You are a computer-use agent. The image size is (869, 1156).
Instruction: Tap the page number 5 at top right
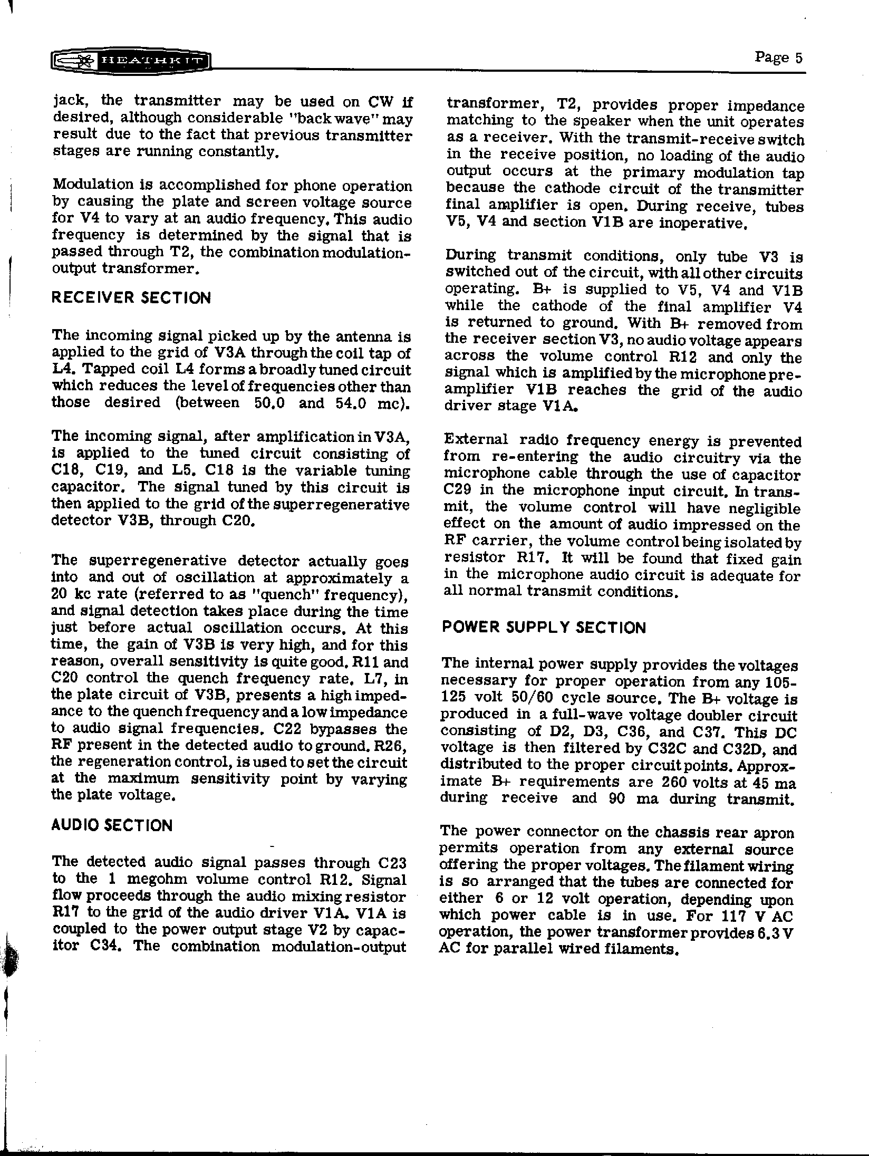(798, 57)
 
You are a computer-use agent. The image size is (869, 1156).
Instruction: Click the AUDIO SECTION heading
(112, 825)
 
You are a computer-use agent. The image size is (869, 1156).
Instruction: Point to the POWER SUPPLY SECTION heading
(543, 628)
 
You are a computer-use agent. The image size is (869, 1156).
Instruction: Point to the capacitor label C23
(392, 863)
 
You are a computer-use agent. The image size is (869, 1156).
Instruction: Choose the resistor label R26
(391, 746)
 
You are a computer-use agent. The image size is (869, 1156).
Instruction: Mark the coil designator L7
(374, 678)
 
